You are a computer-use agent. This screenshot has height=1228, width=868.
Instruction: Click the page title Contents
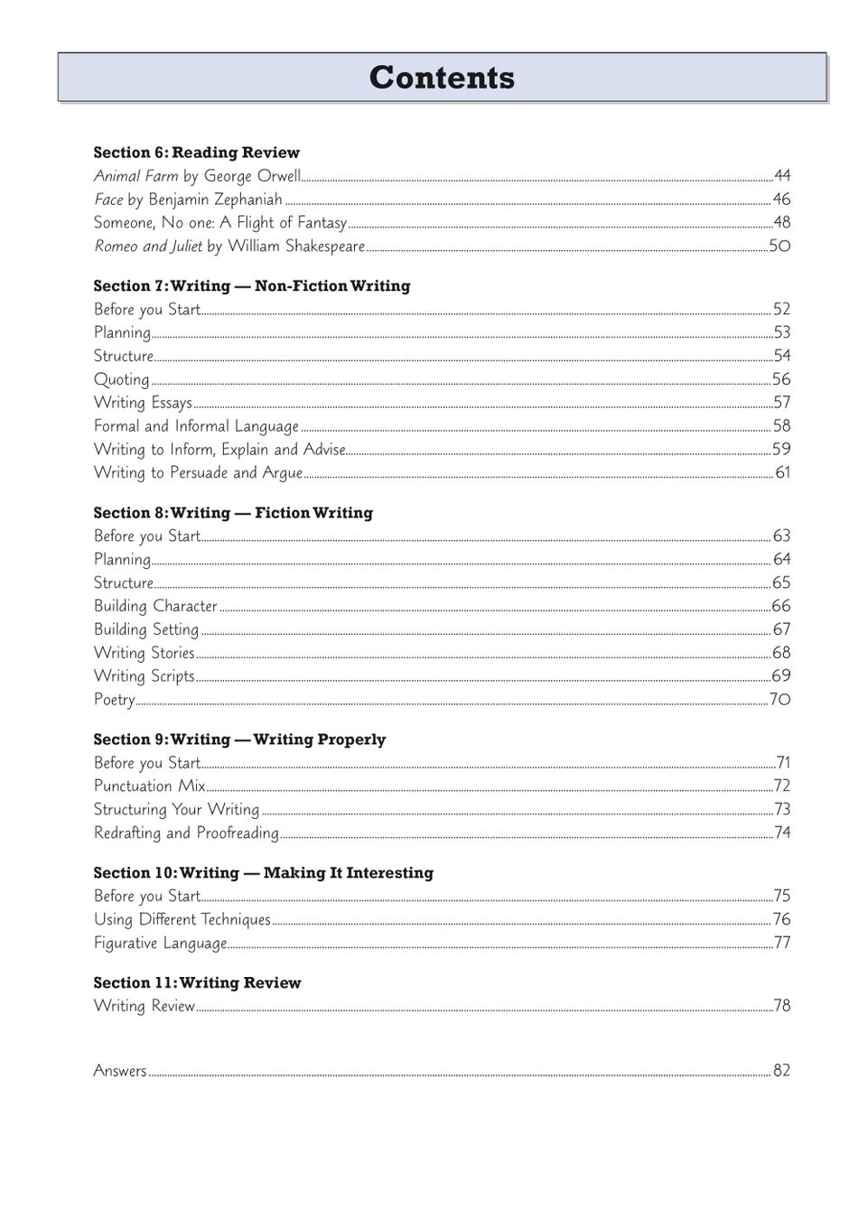point(442,78)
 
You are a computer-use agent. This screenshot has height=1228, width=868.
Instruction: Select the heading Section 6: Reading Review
point(196,153)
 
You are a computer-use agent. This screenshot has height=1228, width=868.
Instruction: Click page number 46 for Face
point(781,200)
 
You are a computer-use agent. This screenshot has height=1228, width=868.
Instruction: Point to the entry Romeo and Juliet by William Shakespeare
point(229,246)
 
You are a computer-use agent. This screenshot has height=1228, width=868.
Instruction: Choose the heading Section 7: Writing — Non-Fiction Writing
point(251,286)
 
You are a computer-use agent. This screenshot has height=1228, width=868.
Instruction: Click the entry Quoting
point(122,379)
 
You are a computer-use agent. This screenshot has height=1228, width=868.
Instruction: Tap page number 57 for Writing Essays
point(781,403)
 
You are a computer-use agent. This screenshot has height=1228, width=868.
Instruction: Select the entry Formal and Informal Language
point(196,426)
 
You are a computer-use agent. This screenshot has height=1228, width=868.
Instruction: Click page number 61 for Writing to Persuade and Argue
point(782,472)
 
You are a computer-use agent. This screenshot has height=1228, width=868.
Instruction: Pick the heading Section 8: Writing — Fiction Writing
point(233,513)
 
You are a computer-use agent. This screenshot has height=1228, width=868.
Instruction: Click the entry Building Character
point(155,606)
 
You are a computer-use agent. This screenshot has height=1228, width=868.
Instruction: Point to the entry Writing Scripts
point(145,676)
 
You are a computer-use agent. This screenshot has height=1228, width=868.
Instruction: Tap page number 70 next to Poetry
point(779,700)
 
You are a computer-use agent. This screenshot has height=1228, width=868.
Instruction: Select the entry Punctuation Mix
point(150,786)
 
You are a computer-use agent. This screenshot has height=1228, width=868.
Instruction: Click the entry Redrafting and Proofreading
point(186,833)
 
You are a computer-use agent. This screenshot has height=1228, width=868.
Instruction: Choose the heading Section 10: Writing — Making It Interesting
point(263,873)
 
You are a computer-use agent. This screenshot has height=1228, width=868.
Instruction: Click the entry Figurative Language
point(160,943)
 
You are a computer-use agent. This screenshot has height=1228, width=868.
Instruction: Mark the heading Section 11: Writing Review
point(197,983)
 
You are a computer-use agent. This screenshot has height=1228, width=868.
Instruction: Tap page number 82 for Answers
point(781,1071)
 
